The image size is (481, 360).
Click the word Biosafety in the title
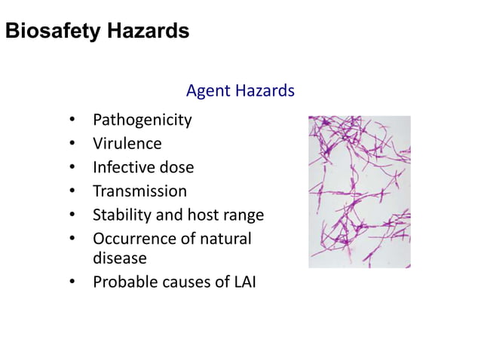(51, 32)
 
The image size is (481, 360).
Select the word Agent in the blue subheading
(208, 91)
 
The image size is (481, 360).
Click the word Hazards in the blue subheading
(264, 91)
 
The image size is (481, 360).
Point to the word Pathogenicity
(142, 120)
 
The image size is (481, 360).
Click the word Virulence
(127, 143)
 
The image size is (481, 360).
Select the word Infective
(124, 167)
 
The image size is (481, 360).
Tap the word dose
(176, 167)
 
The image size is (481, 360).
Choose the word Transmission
(139, 191)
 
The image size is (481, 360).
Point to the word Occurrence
(131, 239)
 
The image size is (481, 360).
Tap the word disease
(119, 258)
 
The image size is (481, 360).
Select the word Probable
(123, 282)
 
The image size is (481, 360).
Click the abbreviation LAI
(243, 282)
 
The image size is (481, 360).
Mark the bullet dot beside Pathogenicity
(71, 121)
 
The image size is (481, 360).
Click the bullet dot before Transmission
(71, 192)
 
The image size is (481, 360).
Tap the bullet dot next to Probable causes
(71, 283)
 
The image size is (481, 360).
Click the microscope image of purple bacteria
(360, 192)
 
